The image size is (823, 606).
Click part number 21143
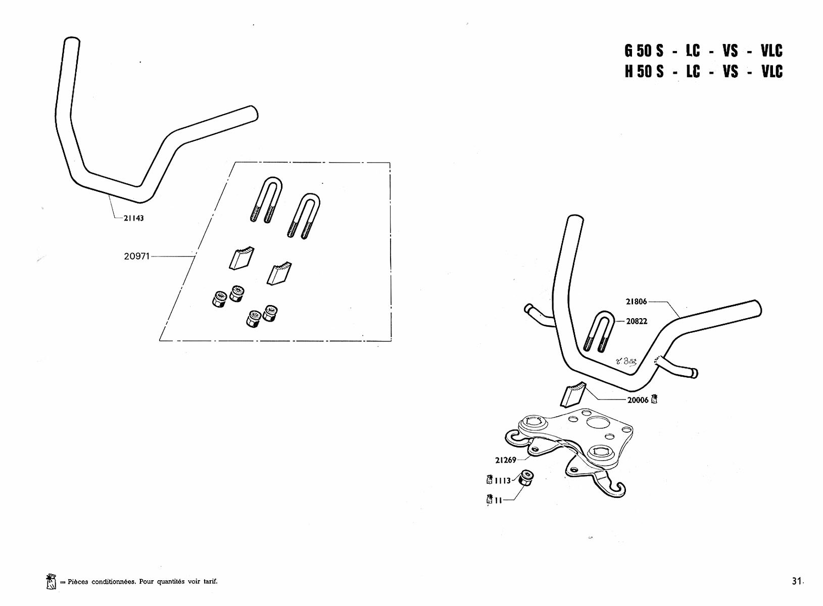(133, 218)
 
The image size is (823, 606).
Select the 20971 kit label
(137, 257)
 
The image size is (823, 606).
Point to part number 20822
(637, 321)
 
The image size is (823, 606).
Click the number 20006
(638, 400)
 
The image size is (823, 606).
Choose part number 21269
(506, 460)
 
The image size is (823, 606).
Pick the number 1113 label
(503, 480)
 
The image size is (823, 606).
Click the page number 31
(796, 581)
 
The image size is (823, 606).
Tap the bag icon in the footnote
(52, 581)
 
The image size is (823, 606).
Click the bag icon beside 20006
(654, 399)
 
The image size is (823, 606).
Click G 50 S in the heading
(644, 51)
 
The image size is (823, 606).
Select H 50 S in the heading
(644, 71)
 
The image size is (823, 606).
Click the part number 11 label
(498, 500)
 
